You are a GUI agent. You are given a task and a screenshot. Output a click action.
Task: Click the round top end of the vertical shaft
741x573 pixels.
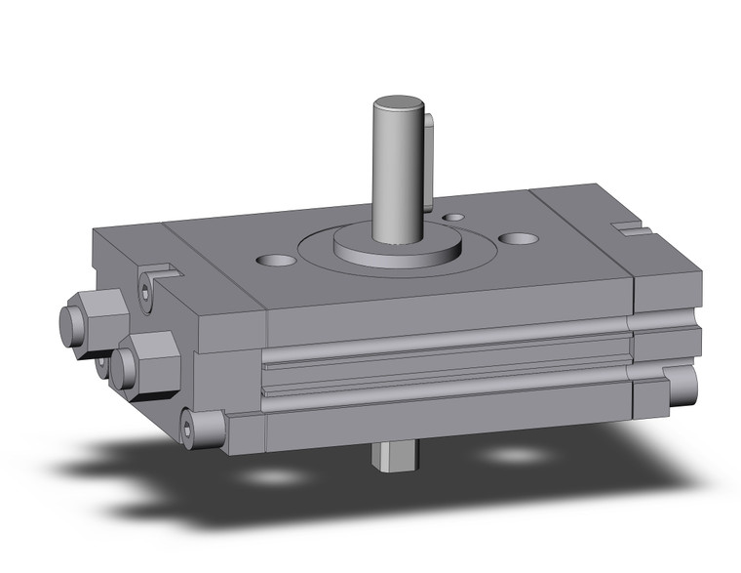point(400,102)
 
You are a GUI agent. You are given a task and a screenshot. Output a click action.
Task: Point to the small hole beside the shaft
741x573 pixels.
point(453,217)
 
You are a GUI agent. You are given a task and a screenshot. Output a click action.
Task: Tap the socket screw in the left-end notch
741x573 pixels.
point(147,292)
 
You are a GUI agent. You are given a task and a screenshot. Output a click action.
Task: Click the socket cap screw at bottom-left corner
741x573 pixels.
point(206,427)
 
